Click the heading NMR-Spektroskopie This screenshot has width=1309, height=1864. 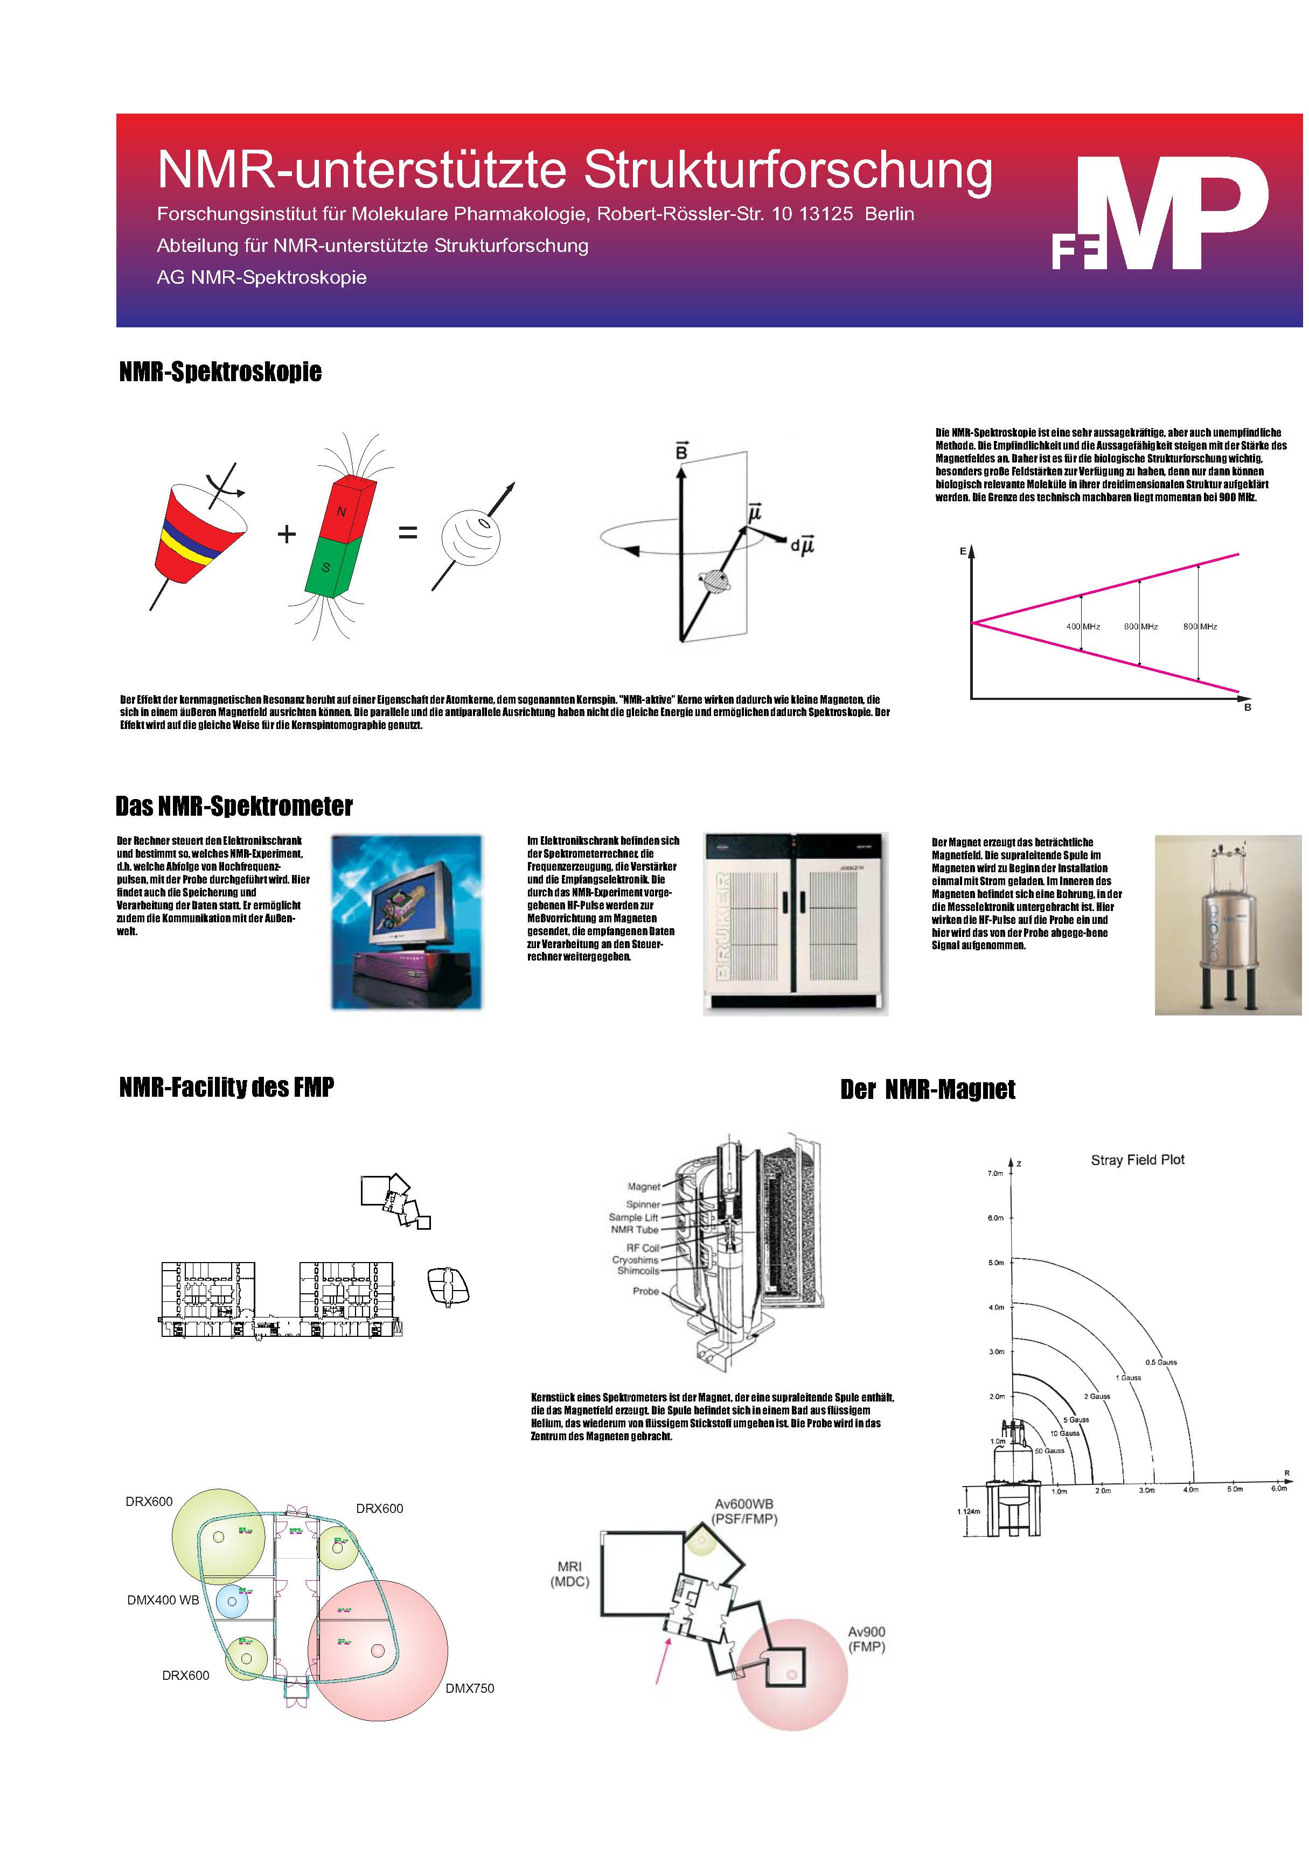(220, 372)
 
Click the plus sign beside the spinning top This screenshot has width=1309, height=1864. (286, 534)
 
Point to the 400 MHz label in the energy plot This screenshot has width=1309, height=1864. (1082, 627)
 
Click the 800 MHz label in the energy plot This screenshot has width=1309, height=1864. (1199, 627)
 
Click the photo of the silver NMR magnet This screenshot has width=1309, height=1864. (1227, 924)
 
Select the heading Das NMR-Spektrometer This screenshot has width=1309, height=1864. (234, 806)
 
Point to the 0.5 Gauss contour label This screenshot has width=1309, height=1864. (1160, 1362)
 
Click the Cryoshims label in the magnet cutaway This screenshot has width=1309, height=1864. (635, 1260)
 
